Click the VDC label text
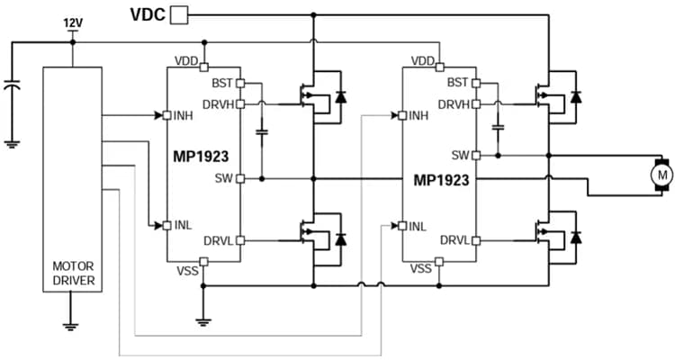coord(148,13)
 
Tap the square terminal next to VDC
coord(180,13)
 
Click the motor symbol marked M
coord(661,173)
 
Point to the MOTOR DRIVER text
coord(73,274)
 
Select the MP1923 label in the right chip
coord(440,179)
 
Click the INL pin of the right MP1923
coord(401,225)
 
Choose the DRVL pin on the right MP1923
coord(476,240)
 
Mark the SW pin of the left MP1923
coord(241,178)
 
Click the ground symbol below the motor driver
coord(73,323)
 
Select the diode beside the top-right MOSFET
coord(576,96)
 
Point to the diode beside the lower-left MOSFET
coord(340,240)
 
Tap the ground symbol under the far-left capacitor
coord(11,141)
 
